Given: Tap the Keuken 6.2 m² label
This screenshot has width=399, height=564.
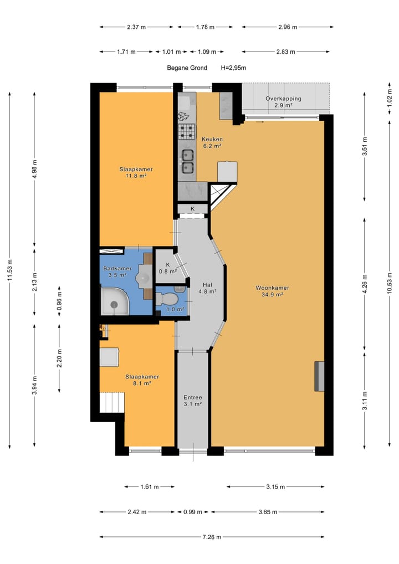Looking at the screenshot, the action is pyautogui.click(x=212, y=142).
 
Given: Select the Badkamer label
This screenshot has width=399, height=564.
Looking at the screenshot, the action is pyautogui.click(x=117, y=268).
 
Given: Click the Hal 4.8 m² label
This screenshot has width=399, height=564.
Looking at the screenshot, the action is pyautogui.click(x=207, y=288).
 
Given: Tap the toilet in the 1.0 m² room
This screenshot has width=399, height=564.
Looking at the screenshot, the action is pyautogui.click(x=167, y=299).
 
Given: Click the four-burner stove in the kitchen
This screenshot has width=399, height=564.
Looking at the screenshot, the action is pyautogui.click(x=187, y=132).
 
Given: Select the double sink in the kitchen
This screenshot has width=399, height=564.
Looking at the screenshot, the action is pyautogui.click(x=187, y=162).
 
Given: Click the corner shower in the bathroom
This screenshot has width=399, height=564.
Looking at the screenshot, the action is pyautogui.click(x=114, y=301).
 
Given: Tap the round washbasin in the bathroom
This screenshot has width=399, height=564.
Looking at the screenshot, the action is pyautogui.click(x=144, y=277).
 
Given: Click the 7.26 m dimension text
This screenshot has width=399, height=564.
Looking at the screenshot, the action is pyautogui.click(x=212, y=537).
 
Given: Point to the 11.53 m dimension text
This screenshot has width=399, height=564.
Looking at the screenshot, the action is pyautogui.click(x=10, y=270).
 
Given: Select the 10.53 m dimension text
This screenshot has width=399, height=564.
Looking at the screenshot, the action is pyautogui.click(x=390, y=283).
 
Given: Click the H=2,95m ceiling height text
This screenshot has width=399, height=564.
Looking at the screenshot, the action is pyautogui.click(x=233, y=68).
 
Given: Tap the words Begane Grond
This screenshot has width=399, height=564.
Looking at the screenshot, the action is pyautogui.click(x=187, y=68).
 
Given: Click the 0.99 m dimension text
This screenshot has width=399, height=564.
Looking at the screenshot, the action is pyautogui.click(x=193, y=512).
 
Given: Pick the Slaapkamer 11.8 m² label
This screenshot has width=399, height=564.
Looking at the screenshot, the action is pyautogui.click(x=136, y=173).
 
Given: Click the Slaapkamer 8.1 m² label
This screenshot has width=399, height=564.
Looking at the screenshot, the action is pyautogui.click(x=142, y=380).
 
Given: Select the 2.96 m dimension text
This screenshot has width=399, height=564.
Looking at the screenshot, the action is pyautogui.click(x=288, y=27).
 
